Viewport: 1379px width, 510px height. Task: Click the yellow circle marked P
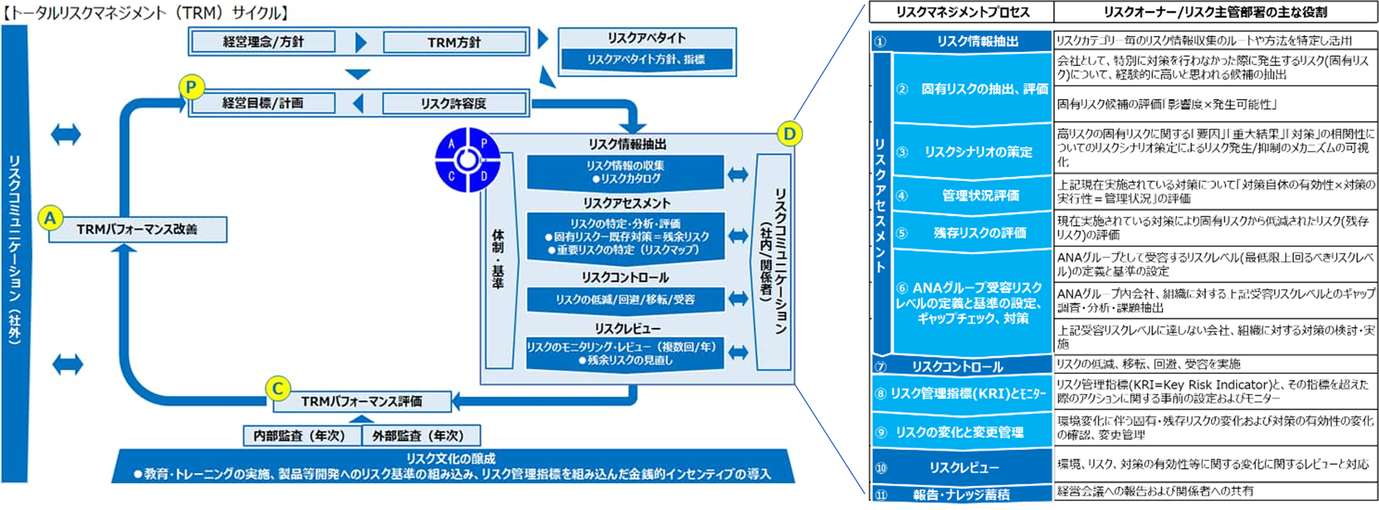coord(191,88)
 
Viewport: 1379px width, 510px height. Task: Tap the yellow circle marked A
coord(51,218)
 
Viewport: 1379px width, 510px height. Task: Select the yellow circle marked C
coord(278,389)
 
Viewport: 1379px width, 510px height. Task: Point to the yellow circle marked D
coord(789,134)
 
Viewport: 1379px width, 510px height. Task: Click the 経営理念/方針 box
coord(264,42)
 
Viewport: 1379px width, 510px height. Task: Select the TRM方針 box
coord(454,42)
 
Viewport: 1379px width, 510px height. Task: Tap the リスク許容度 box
coord(454,103)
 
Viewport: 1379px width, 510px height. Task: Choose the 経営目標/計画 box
coord(264,103)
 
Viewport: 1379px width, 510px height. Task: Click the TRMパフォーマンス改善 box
coord(137,229)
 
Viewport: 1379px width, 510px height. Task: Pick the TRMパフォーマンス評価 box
coord(362,401)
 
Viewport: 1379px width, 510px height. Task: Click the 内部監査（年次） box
coord(300,436)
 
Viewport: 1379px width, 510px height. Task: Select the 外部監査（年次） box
coord(418,436)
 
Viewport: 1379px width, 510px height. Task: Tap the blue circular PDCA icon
coord(467,160)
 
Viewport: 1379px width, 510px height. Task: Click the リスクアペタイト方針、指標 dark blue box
coord(647,59)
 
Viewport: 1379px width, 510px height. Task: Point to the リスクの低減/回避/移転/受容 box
coord(625,300)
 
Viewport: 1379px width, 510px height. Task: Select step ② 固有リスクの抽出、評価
coord(973,89)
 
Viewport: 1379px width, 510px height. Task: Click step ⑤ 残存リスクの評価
coord(973,233)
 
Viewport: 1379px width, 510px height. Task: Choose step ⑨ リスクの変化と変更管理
coord(961,432)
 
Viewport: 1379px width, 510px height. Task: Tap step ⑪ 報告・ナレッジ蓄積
coord(961,495)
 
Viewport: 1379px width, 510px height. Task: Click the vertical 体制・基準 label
coord(498,260)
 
